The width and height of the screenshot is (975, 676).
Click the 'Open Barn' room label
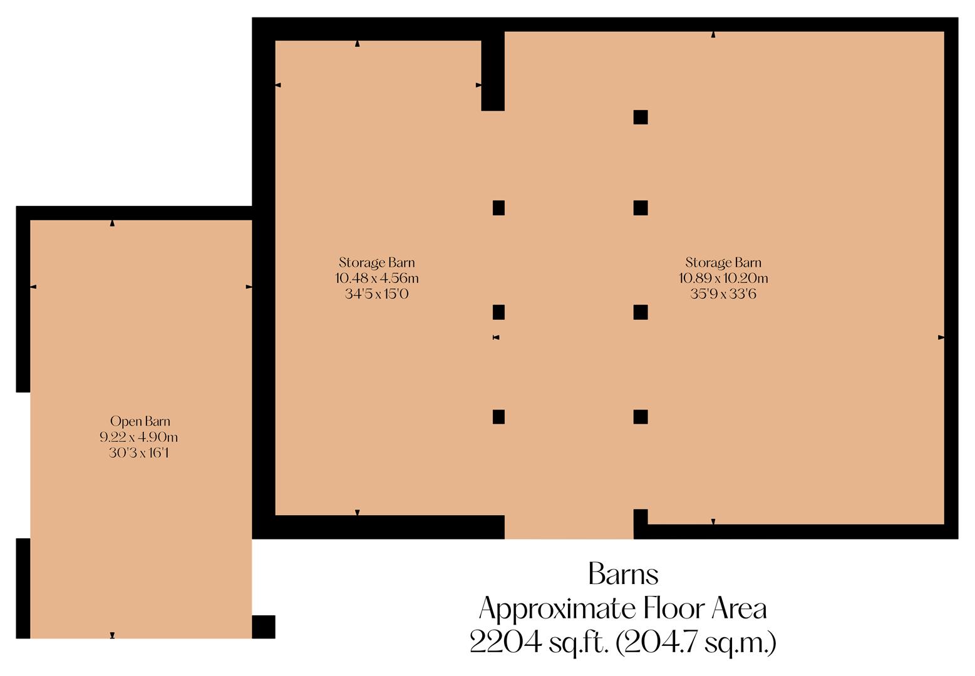(x=140, y=421)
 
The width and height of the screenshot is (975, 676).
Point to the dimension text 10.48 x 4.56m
(x=376, y=278)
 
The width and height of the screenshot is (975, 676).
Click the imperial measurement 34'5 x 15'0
(x=376, y=294)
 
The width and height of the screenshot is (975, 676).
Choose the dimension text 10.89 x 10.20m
(x=723, y=278)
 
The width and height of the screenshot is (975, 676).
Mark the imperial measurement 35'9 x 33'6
(x=723, y=294)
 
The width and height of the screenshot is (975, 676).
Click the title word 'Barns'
(x=623, y=574)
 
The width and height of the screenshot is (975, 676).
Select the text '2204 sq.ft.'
(x=539, y=642)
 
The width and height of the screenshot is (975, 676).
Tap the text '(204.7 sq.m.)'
(x=696, y=642)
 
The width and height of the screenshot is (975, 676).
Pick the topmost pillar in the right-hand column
(x=640, y=117)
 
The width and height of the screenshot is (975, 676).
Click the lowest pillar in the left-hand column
(x=498, y=417)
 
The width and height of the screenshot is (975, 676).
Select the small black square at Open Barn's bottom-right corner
(x=264, y=627)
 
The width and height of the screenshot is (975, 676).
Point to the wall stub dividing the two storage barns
(x=493, y=72)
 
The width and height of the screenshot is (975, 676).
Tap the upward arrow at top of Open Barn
(x=112, y=223)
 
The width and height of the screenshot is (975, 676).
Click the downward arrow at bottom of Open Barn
(x=112, y=635)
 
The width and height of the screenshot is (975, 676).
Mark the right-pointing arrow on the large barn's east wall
(x=941, y=337)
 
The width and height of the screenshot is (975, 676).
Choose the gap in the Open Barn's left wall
(x=23, y=464)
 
